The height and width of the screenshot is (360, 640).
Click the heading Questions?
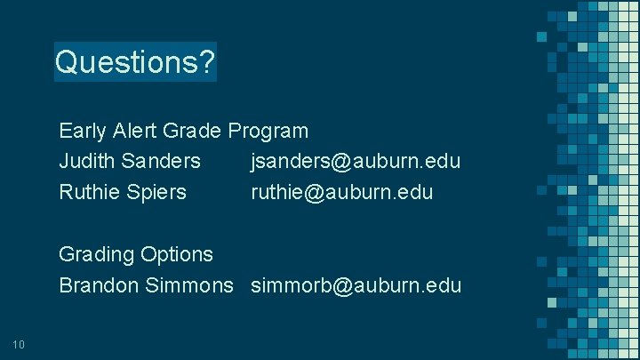point(134,62)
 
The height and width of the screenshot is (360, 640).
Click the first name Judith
point(85,161)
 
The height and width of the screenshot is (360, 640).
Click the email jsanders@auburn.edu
point(356,161)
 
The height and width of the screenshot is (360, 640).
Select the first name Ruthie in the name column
point(87,191)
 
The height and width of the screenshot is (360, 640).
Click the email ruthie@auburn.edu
point(341,191)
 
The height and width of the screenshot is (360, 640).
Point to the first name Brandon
point(96,285)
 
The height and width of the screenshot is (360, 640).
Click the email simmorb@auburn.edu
point(356,285)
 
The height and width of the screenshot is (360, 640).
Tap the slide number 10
point(20,344)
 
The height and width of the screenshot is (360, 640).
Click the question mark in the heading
point(206,62)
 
